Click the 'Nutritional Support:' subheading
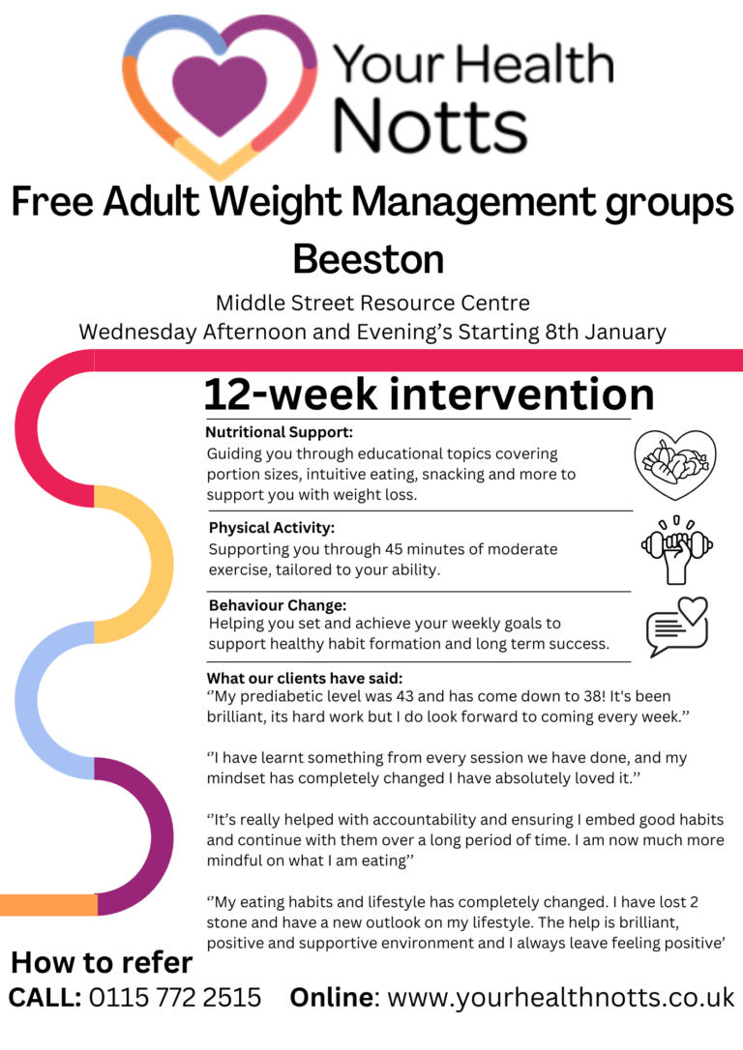279,431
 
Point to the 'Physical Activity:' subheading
272,528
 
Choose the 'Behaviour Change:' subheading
278,605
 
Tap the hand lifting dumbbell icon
677,549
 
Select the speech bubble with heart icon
677,626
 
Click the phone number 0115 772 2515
175,997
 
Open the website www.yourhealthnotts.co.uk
560,997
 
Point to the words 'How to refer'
102,962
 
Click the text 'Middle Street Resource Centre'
372,303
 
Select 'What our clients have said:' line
305,677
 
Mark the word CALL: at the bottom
45,997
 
